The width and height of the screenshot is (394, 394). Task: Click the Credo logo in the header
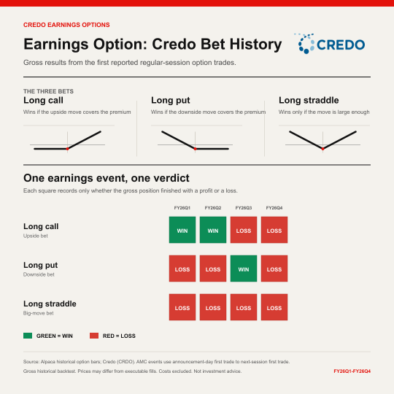pos(330,44)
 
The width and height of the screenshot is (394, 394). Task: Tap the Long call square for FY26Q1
pos(182,230)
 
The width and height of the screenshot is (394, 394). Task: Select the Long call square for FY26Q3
pos(244,230)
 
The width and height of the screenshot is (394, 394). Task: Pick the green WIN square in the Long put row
pos(244,269)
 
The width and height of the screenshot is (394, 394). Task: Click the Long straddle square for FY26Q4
pos(274,307)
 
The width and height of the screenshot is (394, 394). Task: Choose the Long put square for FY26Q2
pos(213,269)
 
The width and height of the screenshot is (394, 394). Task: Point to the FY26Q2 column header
pos(213,208)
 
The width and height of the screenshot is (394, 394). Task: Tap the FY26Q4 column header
pos(274,208)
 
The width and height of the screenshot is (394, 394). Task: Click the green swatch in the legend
pos(28,336)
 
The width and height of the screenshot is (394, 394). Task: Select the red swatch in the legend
pos(94,336)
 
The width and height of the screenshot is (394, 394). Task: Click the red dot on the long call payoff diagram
pos(67,149)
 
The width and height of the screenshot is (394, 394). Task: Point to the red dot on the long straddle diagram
pos(323,149)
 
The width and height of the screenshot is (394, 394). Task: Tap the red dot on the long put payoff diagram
pos(195,149)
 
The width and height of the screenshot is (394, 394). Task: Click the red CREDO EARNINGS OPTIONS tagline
pos(66,25)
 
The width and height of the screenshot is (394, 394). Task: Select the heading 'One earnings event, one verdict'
pos(107,178)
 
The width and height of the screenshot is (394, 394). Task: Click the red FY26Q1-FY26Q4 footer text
pos(352,371)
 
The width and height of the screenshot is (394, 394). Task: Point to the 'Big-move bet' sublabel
pos(39,313)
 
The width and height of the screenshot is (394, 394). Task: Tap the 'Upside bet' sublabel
pos(36,236)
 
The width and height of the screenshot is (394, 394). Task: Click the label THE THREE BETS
pos(48,91)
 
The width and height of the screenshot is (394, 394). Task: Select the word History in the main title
pos(255,45)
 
